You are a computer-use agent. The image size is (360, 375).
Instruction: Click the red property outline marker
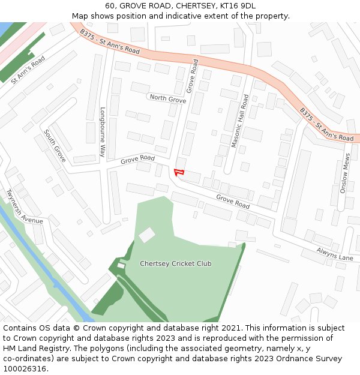(178, 173)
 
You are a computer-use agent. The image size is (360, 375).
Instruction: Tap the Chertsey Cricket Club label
(175, 263)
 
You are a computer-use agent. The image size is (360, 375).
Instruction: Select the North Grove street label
(168, 98)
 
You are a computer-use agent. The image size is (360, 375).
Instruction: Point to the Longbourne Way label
(103, 132)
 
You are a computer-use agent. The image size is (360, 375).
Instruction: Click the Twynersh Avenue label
(25, 207)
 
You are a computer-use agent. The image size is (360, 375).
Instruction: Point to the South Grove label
(55, 146)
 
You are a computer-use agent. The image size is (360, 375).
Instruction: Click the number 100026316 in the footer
(24, 368)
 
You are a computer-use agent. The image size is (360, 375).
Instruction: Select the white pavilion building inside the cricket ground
(147, 235)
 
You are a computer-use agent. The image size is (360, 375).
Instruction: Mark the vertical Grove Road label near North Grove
(192, 76)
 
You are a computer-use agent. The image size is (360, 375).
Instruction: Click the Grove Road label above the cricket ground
(233, 202)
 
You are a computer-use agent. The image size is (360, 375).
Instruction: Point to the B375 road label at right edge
(326, 125)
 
